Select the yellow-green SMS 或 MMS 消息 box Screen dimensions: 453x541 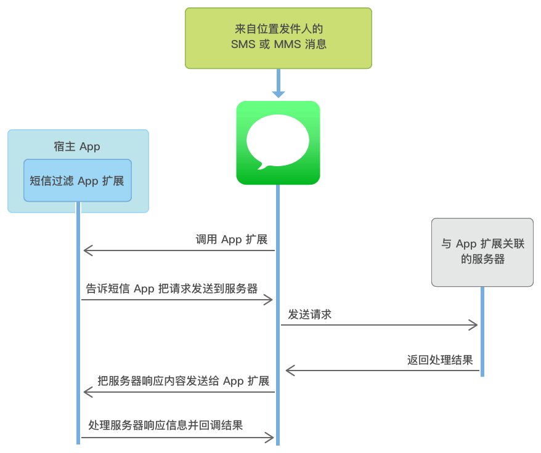pos(278,38)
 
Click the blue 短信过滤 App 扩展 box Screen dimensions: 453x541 pos(78,180)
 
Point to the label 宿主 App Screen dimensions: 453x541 pos(78,146)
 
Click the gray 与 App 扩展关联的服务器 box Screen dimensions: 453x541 pos(482,252)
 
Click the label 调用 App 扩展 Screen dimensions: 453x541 pos(231,239)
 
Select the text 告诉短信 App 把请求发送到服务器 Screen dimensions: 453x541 pos(172,289)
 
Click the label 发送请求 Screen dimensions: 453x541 pos(310,315)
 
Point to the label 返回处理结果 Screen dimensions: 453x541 pos(440,359)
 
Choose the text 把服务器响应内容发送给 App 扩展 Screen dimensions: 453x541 pos(183,381)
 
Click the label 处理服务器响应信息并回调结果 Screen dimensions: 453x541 pos(165,425)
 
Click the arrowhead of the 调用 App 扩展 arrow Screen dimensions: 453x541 pos(87,250)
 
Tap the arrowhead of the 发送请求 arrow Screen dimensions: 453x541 pos(474,325)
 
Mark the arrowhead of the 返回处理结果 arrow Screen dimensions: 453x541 pos(289,370)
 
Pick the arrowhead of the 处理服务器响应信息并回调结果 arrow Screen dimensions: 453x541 pos(269,438)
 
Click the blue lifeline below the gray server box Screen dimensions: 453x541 pos(482,332)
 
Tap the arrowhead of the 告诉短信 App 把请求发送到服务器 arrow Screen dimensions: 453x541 pos(269,300)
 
